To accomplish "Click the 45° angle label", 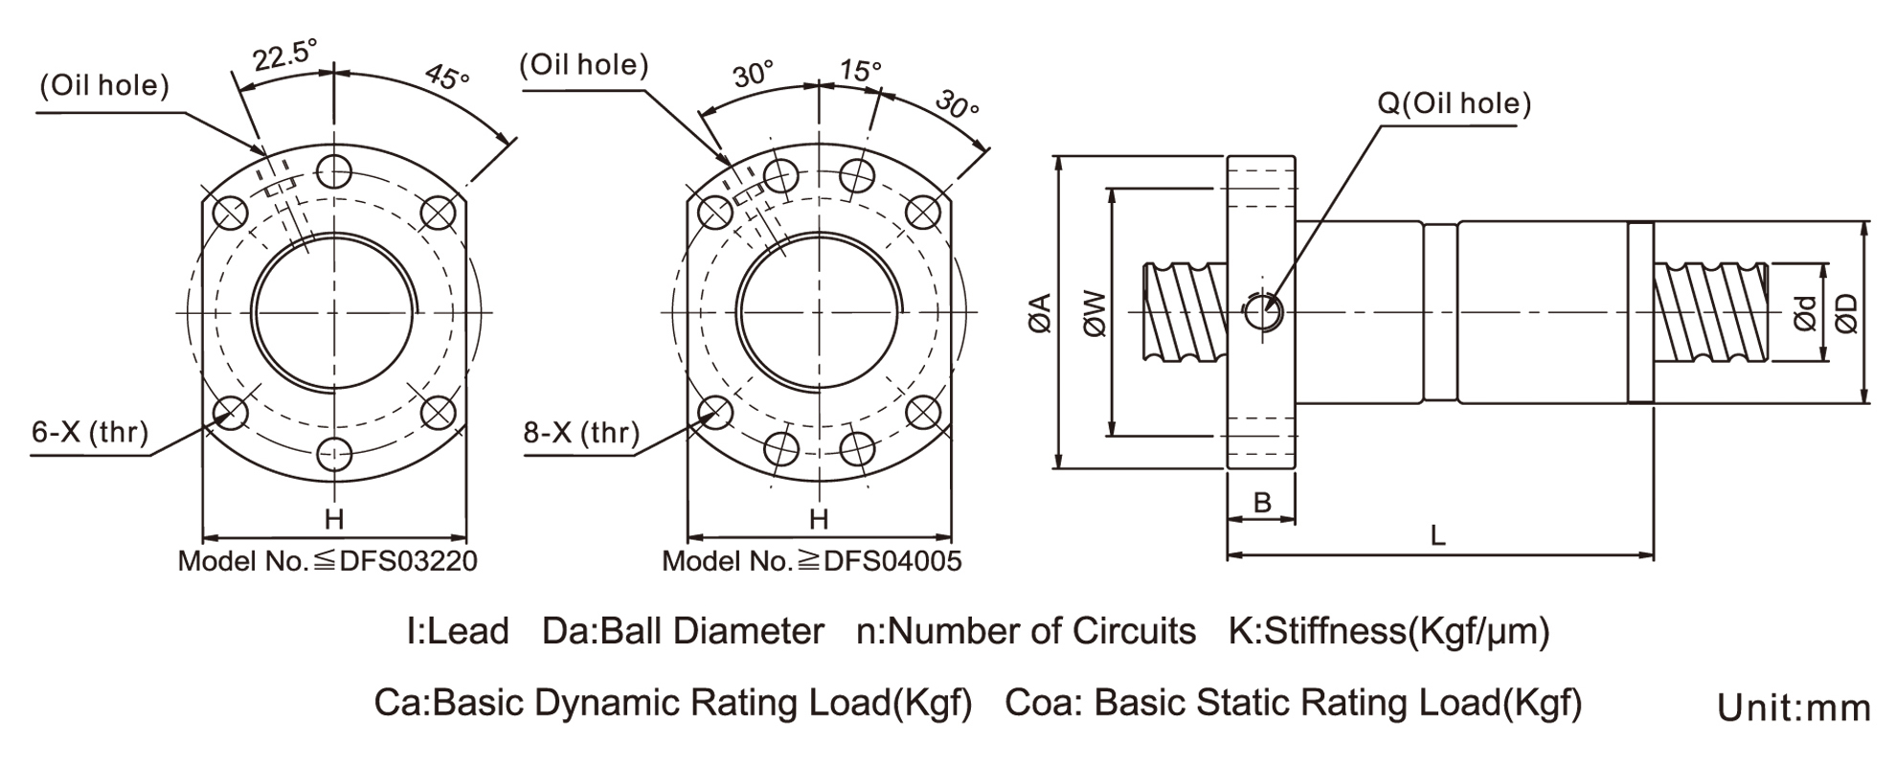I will (447, 77).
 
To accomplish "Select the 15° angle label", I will (859, 70).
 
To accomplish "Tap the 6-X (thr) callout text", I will (90, 432).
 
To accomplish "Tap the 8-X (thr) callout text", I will (581, 433).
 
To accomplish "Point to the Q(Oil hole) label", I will (1454, 103).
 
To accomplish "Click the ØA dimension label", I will (1040, 313).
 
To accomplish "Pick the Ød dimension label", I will (1804, 313).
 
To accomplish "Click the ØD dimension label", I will (1846, 313).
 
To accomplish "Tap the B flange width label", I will (1262, 502).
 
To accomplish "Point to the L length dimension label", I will (1437, 535).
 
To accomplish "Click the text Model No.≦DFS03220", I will (327, 561).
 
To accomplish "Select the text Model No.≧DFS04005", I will (812, 561).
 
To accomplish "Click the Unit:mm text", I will (1794, 709).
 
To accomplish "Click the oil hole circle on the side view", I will (1263, 310).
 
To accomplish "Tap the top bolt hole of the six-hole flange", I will (333, 172).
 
